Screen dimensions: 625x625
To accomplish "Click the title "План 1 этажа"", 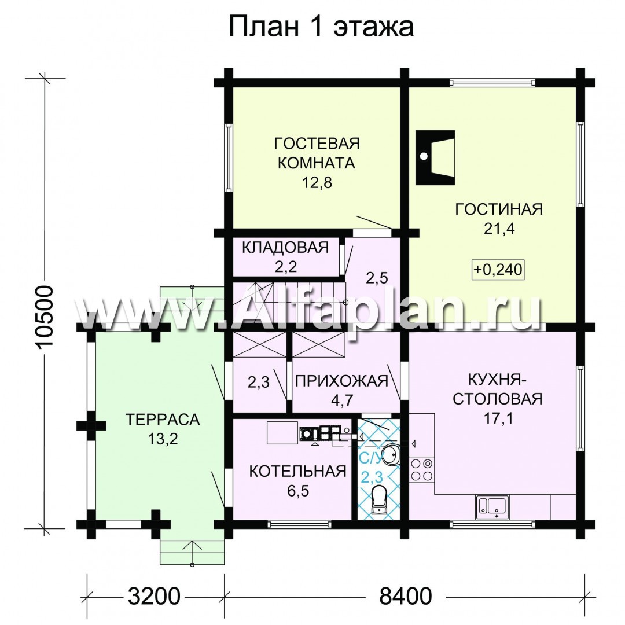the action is (x=321, y=27).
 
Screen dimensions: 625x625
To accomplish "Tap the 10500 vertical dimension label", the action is (x=44, y=318).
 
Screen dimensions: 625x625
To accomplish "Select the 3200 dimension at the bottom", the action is (x=155, y=597).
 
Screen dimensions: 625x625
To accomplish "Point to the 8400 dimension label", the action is (x=405, y=597).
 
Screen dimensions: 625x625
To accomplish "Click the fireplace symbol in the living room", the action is (x=435, y=157).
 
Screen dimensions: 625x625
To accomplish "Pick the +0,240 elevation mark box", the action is (x=498, y=270).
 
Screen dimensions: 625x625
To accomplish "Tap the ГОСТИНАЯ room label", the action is (x=499, y=209).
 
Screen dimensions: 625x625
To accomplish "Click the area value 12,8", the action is (x=317, y=183).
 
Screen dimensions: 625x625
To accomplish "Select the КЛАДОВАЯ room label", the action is (x=285, y=248).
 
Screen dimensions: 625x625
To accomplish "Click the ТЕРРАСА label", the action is (x=162, y=420).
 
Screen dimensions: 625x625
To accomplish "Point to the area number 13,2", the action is (x=163, y=439).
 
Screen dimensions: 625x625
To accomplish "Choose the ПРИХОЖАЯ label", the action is (x=341, y=381).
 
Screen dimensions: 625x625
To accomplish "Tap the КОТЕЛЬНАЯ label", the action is (x=298, y=472).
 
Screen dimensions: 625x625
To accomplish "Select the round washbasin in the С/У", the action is (x=389, y=455).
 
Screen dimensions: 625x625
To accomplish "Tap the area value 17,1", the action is (x=498, y=418).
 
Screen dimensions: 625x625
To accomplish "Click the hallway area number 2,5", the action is (x=377, y=278).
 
